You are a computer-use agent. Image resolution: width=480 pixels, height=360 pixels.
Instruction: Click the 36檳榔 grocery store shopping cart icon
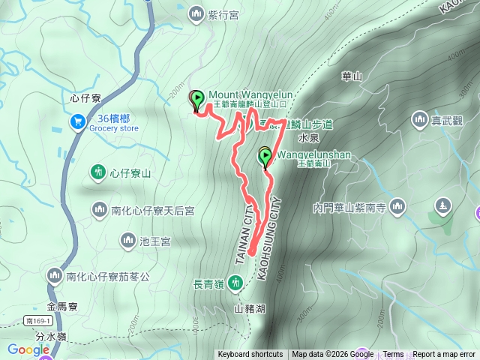click(77, 121)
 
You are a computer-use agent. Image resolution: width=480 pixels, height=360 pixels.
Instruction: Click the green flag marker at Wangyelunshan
click(265, 157)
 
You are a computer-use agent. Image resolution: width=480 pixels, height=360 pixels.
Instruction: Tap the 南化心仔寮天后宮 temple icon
click(99, 208)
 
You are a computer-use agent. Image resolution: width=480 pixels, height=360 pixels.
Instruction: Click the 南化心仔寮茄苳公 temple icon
click(53, 276)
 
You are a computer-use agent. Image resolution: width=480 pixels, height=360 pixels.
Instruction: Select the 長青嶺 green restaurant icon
click(236, 282)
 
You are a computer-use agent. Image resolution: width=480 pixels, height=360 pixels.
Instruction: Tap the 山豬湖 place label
click(250, 308)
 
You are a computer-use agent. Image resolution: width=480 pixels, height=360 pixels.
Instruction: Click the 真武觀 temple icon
click(419, 119)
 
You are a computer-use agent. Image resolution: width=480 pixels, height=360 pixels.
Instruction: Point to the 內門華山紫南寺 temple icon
click(397, 205)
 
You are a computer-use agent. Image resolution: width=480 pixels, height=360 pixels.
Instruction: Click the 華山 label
click(352, 76)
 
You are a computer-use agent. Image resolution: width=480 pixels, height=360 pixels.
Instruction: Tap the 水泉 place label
click(309, 139)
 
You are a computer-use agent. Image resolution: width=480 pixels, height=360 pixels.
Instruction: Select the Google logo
click(28, 349)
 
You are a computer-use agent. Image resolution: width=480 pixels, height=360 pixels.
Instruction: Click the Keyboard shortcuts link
click(250, 355)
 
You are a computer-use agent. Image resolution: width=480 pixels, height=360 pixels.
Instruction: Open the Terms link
click(393, 355)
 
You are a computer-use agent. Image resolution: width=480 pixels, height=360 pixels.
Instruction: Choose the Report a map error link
click(444, 355)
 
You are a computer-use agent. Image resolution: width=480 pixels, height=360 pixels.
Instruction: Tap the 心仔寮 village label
click(84, 97)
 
